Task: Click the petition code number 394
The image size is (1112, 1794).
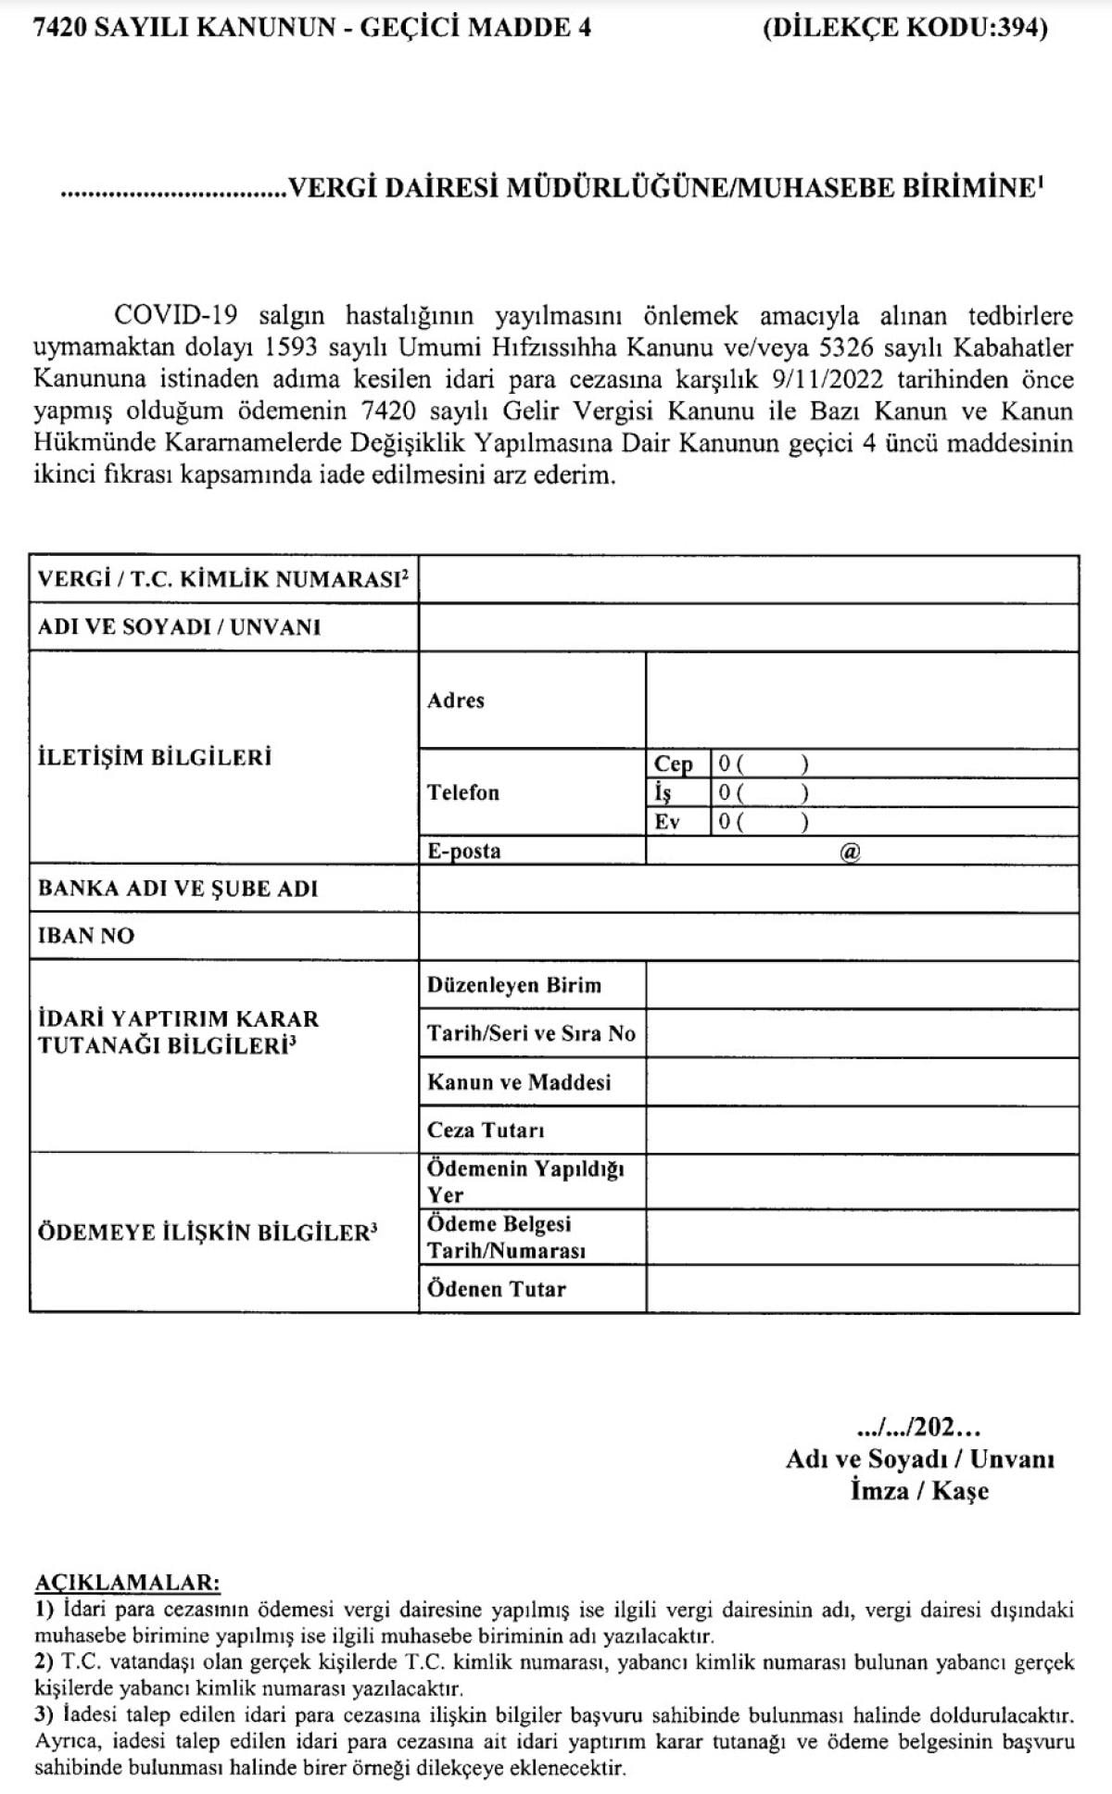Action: point(1020,28)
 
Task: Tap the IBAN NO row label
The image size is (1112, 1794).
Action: point(86,936)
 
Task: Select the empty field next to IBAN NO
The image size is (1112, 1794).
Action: point(749,936)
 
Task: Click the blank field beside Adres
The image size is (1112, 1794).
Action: point(862,701)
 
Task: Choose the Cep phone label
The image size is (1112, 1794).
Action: point(674,764)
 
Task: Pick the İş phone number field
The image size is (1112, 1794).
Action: point(894,792)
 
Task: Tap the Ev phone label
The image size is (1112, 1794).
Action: point(667,822)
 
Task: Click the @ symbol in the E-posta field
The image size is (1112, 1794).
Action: point(850,852)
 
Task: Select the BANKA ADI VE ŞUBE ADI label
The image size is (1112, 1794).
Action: point(178,889)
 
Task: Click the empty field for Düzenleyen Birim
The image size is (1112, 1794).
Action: point(862,985)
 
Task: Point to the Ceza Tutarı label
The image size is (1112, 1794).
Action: point(486,1131)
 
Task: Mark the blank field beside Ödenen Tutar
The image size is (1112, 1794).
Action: point(862,1289)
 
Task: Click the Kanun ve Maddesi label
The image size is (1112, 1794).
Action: point(519,1082)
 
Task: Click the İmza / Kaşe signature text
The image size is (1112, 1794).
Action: point(919,1491)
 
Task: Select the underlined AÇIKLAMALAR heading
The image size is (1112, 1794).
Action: point(127,1581)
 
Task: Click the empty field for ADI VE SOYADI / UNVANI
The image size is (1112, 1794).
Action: point(749,627)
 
